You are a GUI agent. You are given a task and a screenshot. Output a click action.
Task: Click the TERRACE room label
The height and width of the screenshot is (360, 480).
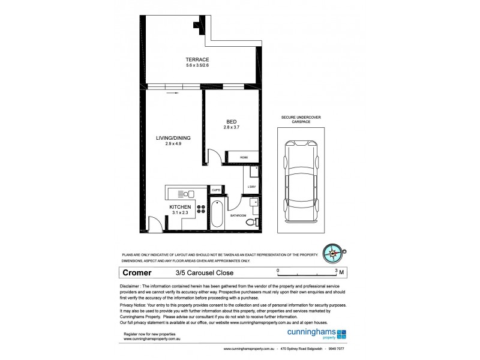[x=197, y=59]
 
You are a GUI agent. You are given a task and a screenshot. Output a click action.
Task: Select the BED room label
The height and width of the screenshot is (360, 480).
[x=231, y=121]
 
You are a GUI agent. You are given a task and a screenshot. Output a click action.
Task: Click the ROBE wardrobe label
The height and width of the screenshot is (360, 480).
[x=244, y=157]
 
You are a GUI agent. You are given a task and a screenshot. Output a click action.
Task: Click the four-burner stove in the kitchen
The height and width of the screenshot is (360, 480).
[x=200, y=215]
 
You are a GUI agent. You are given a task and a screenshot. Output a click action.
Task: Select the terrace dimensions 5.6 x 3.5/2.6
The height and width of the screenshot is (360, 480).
[x=197, y=65]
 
